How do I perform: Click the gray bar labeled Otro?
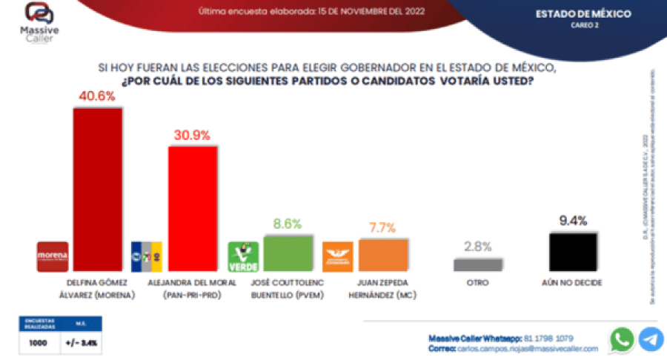[478, 264]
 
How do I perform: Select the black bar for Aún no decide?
[573, 253]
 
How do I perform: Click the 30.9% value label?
[193, 135]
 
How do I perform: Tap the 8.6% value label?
[288, 223]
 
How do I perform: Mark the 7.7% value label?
[383, 227]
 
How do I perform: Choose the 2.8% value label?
[478, 247]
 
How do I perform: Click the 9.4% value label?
[573, 221]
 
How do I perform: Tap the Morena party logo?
[53, 257]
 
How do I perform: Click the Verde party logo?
[242, 257]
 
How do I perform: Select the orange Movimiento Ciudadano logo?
[338, 257]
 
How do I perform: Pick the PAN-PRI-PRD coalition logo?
[147, 257]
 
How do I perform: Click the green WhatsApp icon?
[622, 339]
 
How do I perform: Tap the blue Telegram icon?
[651, 339]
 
